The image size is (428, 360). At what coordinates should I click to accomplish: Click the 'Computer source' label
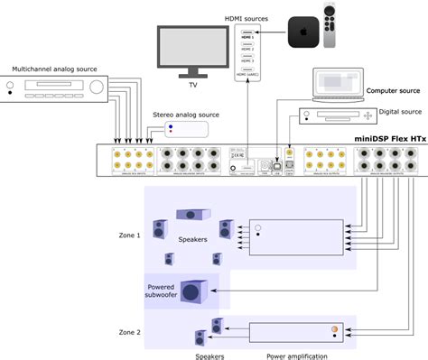pos(393,91)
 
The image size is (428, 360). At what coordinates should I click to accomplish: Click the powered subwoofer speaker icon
pos(192,291)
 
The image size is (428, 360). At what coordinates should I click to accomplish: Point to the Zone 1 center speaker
pos(193,214)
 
